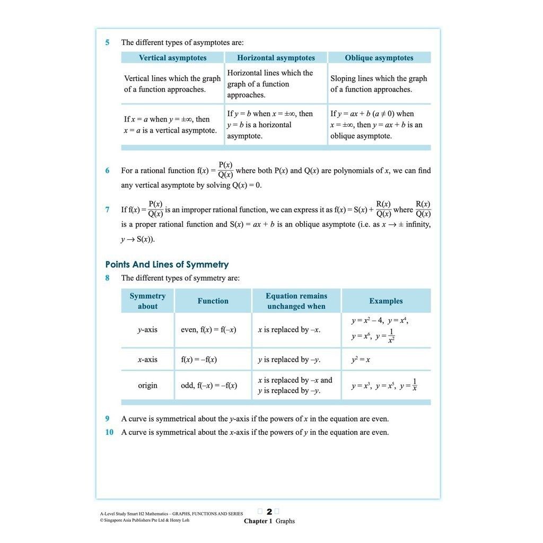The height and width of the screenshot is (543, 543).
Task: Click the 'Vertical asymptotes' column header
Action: pos(172,58)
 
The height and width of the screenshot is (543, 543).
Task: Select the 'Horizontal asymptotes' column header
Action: pos(276,58)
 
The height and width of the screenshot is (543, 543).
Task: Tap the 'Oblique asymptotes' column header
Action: pos(379,58)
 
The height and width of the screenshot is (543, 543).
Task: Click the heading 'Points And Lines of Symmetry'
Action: pos(167,264)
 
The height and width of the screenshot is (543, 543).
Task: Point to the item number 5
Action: pos(107,42)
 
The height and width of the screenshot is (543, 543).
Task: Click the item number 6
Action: pos(107,171)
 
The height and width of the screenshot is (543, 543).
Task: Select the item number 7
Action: pos(107,209)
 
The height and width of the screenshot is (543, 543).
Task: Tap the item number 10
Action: pos(109,432)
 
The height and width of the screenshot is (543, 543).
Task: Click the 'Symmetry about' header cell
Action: pos(147,301)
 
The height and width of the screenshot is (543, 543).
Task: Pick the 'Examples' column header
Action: pos(386,301)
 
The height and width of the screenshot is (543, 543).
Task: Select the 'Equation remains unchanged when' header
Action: pos(296,301)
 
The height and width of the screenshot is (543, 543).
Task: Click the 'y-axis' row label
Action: pos(147,330)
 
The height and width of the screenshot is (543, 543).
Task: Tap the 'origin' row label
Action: pos(147,386)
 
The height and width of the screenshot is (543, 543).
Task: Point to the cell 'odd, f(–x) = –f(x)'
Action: pos(209,386)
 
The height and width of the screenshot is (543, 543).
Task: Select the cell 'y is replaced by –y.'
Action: pos(289,360)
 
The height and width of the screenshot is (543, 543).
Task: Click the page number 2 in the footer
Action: pos(269,512)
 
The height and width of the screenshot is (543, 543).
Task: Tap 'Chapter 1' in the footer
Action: pos(258,521)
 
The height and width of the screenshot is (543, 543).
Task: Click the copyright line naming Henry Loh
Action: pos(144,520)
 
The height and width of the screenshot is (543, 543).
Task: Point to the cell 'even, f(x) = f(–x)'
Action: pos(208,330)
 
